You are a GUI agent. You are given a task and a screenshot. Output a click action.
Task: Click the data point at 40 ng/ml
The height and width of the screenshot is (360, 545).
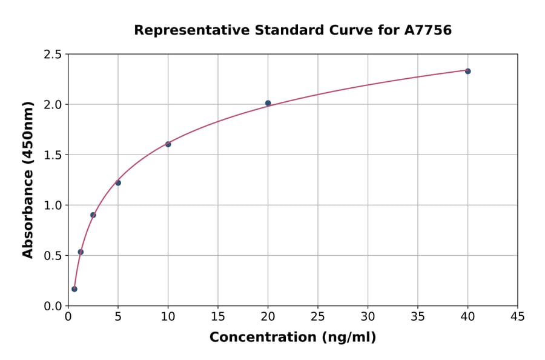(x=467, y=71)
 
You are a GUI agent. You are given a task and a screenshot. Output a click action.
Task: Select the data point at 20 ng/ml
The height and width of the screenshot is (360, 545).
(x=268, y=103)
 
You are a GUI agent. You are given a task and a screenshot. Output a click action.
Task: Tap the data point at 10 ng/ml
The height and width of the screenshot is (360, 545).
(x=168, y=144)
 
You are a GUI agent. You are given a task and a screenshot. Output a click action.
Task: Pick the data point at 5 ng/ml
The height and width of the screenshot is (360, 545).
(x=118, y=182)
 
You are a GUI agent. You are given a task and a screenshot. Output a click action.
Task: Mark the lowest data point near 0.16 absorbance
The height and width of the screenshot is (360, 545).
(x=74, y=289)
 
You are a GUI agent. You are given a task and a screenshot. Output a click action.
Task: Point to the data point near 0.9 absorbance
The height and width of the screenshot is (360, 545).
(x=93, y=215)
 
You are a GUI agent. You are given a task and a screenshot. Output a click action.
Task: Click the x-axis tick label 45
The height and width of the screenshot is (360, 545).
(x=518, y=316)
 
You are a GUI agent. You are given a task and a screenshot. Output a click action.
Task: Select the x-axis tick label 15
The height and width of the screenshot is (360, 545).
(x=218, y=316)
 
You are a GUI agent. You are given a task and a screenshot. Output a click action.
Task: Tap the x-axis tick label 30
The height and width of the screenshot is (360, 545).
(x=368, y=316)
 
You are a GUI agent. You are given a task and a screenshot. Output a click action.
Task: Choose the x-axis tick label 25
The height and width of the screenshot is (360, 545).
(x=318, y=316)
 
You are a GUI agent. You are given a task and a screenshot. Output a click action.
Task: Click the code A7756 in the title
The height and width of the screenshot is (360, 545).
(x=428, y=30)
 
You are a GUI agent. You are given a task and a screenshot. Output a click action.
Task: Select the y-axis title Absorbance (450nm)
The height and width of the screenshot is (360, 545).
(x=28, y=179)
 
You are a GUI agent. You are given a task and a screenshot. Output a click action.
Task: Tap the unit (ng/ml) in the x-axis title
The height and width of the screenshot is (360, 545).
(x=348, y=338)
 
